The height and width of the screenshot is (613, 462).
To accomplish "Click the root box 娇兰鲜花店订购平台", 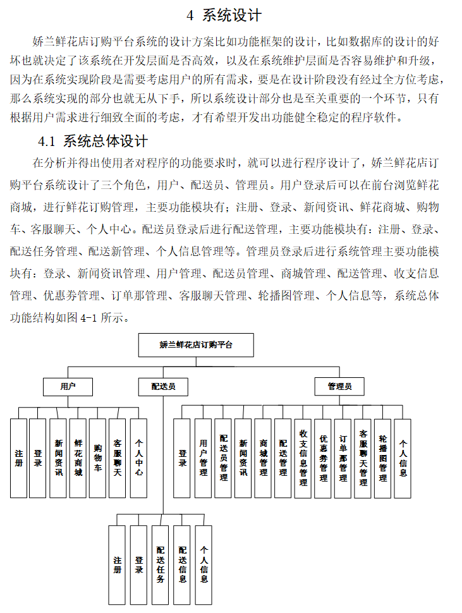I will [196, 345].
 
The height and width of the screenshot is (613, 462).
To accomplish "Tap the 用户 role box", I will [68, 386].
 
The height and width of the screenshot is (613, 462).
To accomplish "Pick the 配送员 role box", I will [162, 386].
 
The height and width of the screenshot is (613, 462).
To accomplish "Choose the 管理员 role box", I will [339, 386].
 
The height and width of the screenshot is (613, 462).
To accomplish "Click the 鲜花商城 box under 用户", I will [78, 458].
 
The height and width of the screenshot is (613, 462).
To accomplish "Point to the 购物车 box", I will [97, 458].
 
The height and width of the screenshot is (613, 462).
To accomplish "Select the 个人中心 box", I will [138, 458].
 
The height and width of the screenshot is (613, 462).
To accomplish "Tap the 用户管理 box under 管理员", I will [203, 458].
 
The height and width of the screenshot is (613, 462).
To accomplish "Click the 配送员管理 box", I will [223, 458].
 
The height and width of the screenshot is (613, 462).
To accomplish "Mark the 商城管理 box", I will [263, 458].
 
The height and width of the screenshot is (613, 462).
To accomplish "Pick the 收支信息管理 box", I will [303, 458].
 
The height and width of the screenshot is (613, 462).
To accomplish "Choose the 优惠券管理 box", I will [323, 458].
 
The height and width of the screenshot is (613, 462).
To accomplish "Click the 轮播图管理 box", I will [382, 458].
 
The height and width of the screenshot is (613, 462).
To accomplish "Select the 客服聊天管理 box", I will [363, 458].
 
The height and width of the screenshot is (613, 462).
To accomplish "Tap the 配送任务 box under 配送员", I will [161, 564].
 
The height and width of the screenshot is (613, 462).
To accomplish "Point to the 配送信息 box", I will [182, 564].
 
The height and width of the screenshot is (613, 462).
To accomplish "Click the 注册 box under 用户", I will [19, 458].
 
